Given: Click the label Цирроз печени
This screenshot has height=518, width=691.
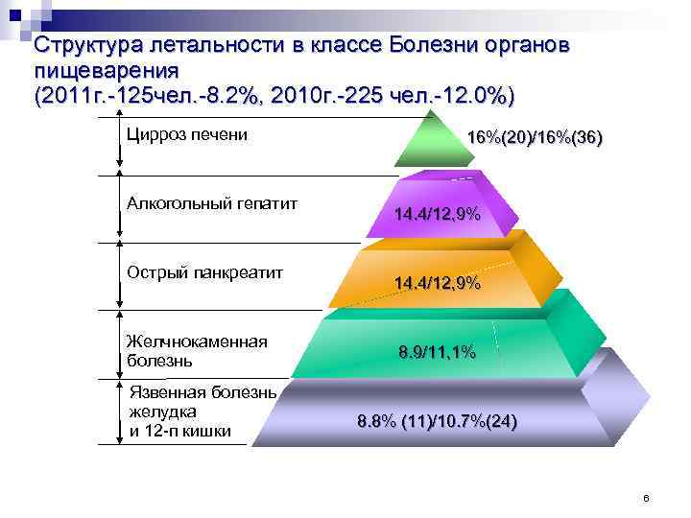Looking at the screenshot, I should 187,134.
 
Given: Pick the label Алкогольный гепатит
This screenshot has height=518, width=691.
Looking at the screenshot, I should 212,203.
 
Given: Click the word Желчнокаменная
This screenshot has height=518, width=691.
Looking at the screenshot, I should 197,342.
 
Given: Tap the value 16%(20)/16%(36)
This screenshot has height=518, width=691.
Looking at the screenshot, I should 535,138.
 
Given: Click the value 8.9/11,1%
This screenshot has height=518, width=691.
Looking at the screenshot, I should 437,352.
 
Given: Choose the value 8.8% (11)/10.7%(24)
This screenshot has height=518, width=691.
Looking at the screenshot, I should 437,421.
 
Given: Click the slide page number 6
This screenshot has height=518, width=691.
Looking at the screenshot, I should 646,499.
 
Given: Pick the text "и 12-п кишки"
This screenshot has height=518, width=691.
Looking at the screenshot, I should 179,431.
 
